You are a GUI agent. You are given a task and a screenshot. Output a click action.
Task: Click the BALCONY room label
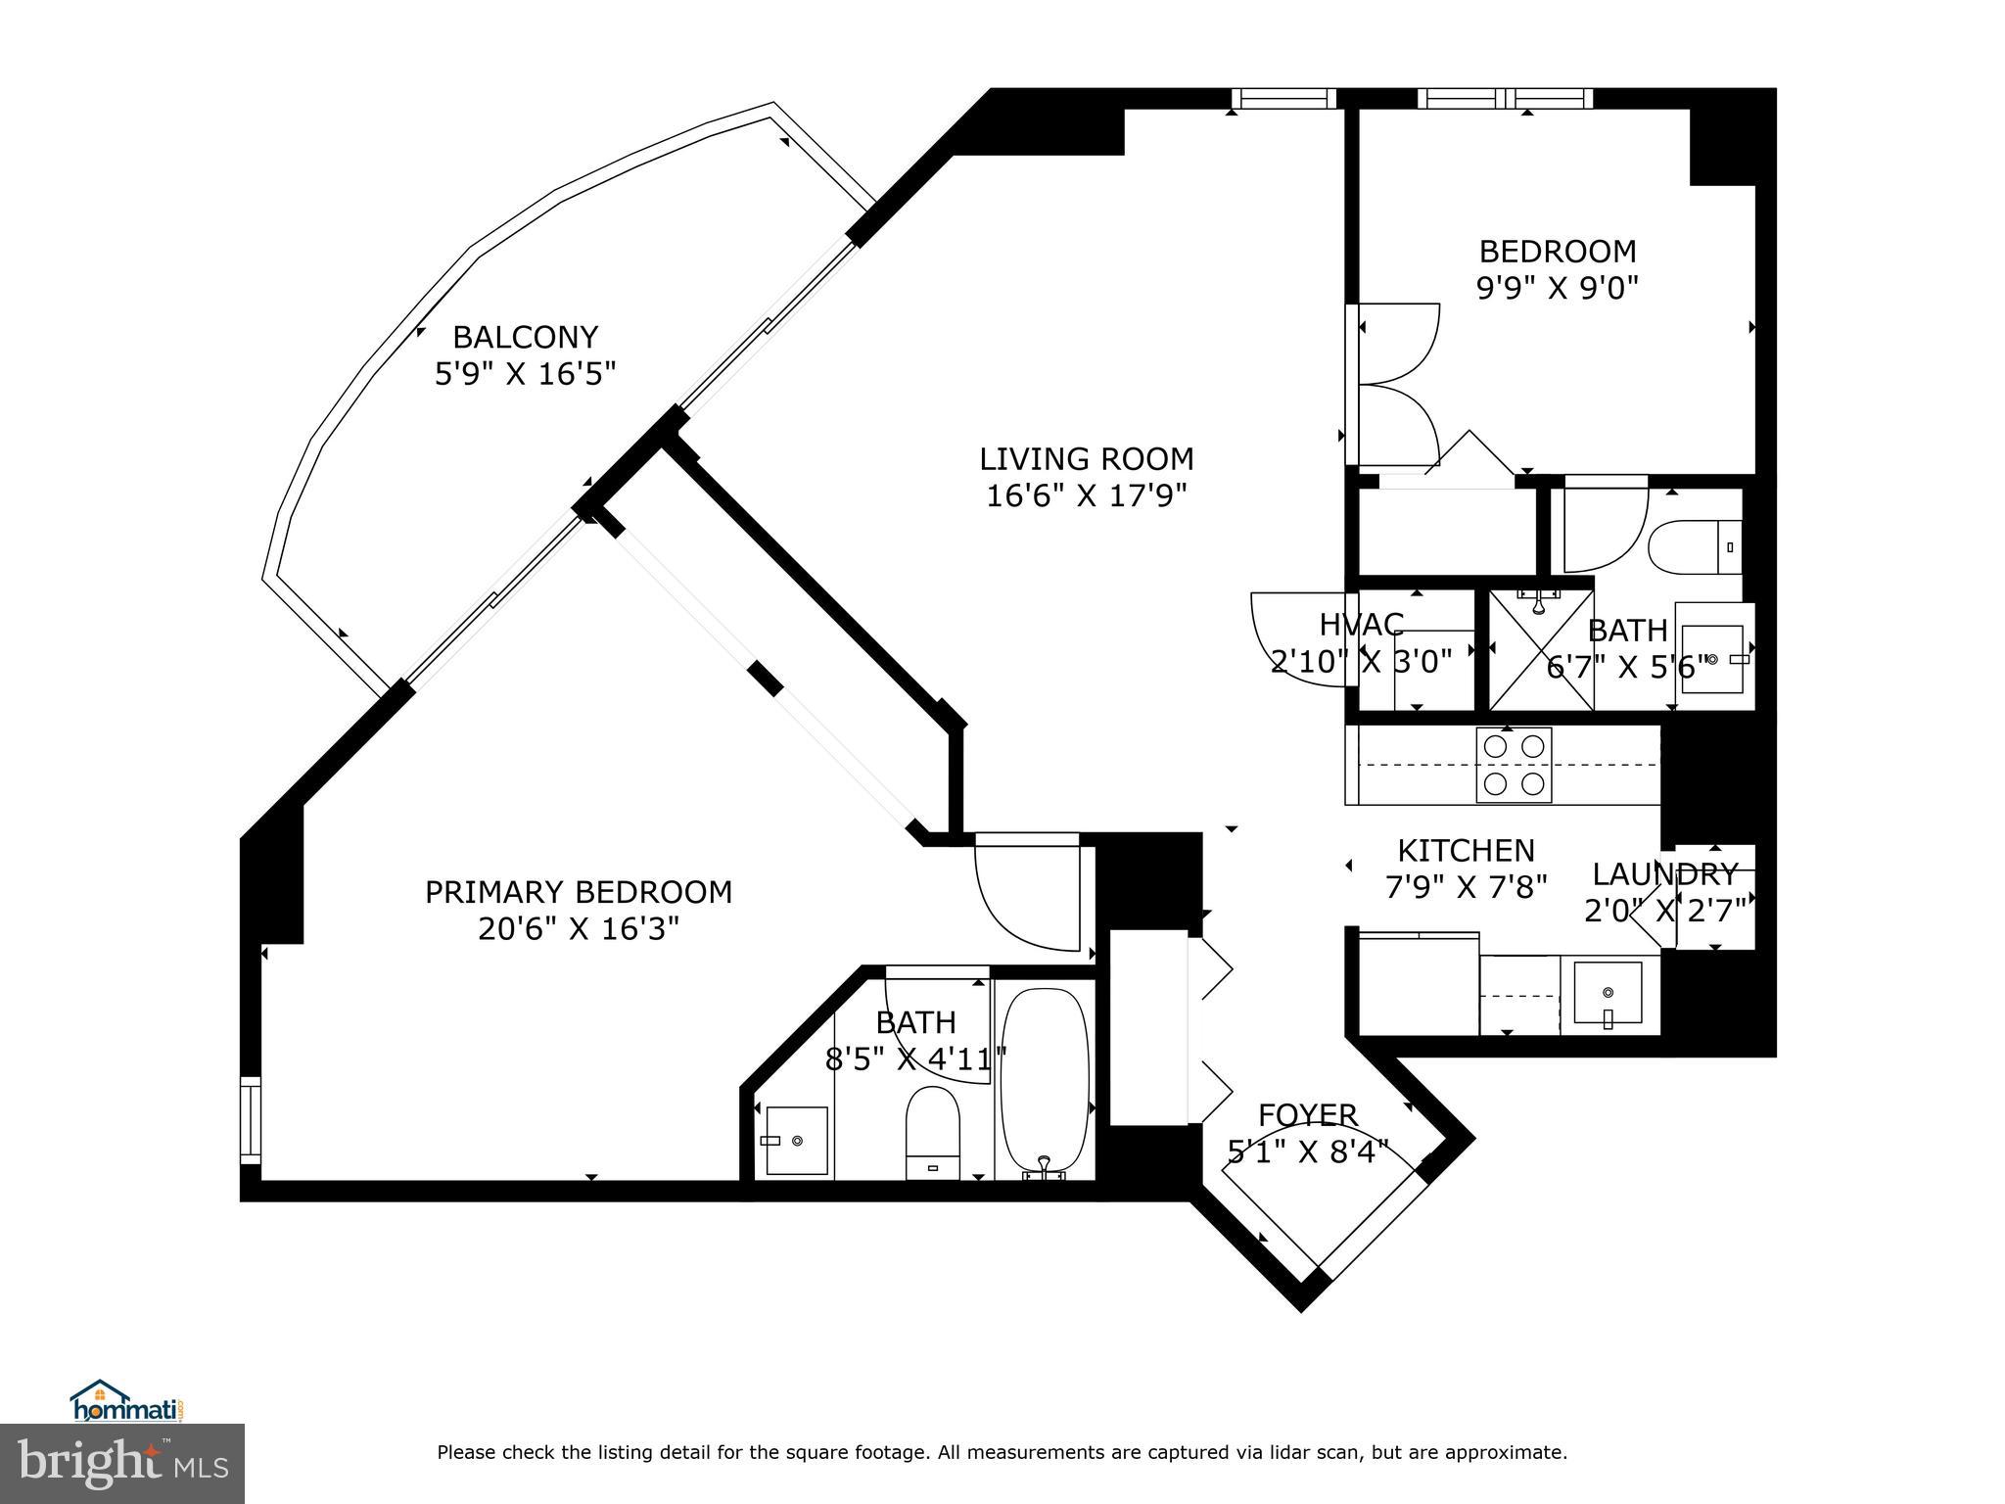(525, 338)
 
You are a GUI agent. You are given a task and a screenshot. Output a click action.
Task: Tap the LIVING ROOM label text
(1087, 459)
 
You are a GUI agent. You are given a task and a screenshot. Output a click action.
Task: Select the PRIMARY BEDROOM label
(579, 892)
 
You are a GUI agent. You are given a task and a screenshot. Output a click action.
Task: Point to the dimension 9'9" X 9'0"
(1558, 288)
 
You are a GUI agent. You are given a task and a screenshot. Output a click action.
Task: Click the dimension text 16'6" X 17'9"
(1087, 495)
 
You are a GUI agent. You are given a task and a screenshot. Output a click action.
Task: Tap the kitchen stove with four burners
(1513, 765)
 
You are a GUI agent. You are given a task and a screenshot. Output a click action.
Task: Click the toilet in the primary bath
(932, 1133)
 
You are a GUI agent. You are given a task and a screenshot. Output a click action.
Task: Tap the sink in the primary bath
(795, 1141)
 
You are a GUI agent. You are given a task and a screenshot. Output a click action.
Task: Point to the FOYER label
(1308, 1115)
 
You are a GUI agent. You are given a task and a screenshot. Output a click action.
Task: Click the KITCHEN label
(1466, 850)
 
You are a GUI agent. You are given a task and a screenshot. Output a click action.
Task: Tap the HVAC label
(1361, 625)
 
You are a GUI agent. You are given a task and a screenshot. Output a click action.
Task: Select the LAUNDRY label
(1664, 874)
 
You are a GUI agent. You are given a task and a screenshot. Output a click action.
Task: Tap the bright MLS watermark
(123, 1466)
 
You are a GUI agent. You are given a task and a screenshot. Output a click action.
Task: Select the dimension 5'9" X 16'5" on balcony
(525, 374)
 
